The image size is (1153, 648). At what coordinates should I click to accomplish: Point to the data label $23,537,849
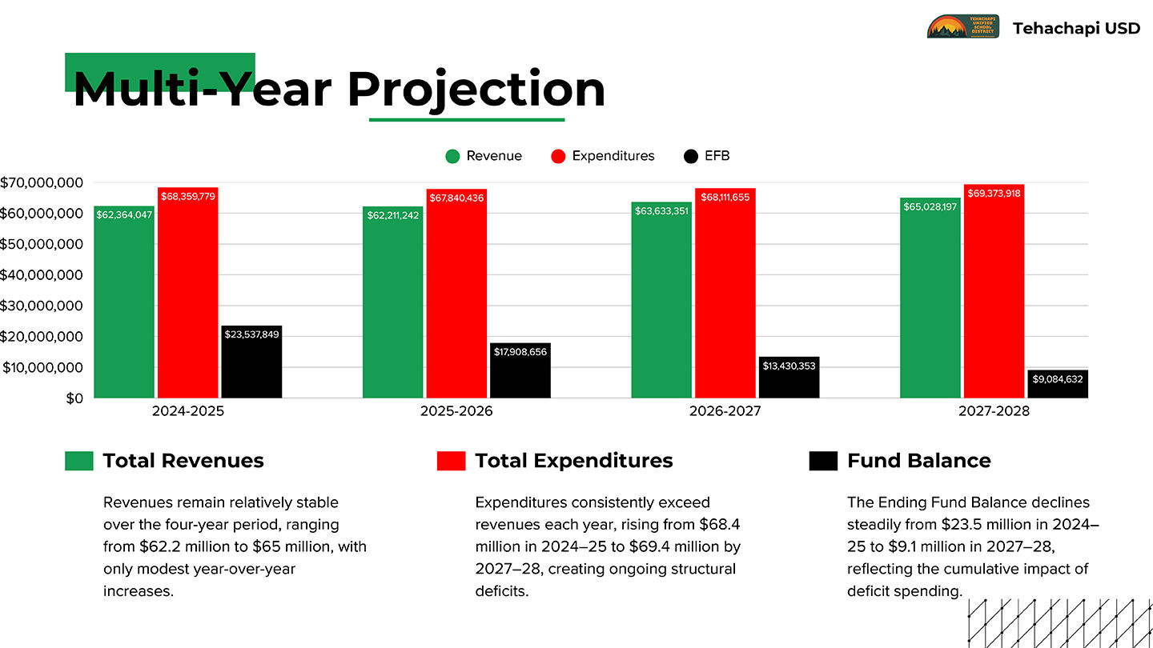251,334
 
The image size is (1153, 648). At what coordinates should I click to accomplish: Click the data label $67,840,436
456,198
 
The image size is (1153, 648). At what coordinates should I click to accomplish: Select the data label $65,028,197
930,207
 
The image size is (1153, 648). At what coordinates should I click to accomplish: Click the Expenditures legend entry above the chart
613,156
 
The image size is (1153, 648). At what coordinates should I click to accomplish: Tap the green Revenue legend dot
453,156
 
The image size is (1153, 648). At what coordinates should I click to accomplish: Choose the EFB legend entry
717,156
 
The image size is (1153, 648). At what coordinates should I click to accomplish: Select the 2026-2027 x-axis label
725,412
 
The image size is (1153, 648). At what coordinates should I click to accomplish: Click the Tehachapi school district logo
962,27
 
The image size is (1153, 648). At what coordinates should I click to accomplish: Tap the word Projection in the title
476,89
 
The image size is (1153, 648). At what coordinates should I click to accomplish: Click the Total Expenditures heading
573,461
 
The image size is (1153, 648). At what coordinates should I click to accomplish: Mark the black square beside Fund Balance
823,461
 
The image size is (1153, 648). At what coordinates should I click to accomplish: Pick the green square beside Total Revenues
79,461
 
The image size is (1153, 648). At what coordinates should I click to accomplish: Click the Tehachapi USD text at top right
1076,28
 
